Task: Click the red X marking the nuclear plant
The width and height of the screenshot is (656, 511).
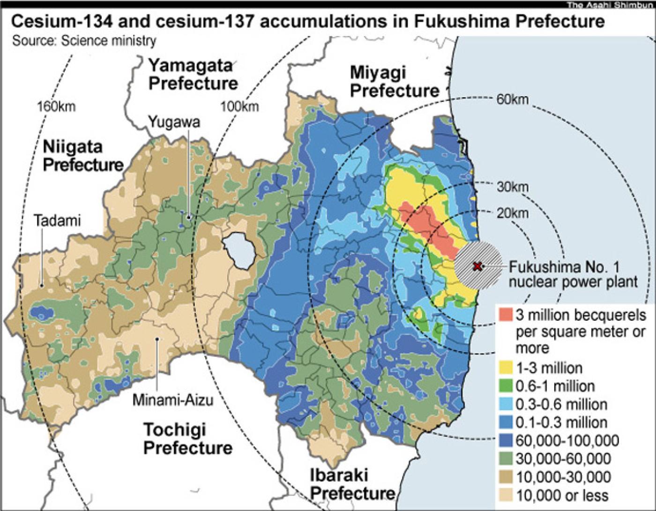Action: [x=477, y=266]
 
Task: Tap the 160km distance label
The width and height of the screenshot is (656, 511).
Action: [x=56, y=106]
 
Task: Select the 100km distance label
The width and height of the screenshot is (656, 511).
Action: [x=239, y=106]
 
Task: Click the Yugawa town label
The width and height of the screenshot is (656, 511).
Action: [x=174, y=122]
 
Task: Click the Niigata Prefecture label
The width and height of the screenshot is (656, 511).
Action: [x=83, y=156]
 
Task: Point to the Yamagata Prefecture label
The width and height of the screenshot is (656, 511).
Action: [x=193, y=74]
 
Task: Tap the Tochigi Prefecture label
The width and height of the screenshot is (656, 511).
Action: [x=187, y=438]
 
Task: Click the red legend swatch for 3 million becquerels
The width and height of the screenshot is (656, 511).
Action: [x=506, y=315]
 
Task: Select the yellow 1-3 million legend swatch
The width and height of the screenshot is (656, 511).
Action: [x=506, y=368]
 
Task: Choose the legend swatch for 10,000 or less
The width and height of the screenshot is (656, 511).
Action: [x=506, y=495]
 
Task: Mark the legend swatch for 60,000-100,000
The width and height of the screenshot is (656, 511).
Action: [x=506, y=441]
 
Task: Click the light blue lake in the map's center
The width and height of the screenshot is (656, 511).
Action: [x=239, y=251]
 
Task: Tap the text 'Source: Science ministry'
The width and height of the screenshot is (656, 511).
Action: [x=84, y=41]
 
